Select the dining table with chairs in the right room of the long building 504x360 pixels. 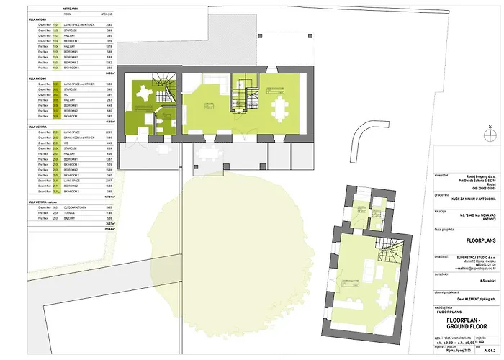pos(279,109)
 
